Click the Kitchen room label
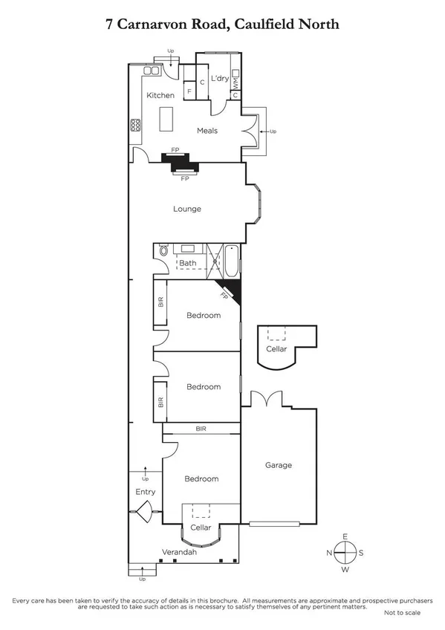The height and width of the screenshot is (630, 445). click(160, 95)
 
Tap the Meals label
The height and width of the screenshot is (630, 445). click(207, 131)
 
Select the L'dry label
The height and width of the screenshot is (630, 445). click(219, 78)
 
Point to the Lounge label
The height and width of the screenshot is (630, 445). click(187, 209)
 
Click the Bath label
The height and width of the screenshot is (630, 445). click(188, 263)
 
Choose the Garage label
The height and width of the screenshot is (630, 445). click(279, 465)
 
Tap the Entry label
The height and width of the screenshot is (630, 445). click(145, 493)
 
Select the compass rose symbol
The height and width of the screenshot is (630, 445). click(345, 553)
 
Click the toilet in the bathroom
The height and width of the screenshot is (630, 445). click(161, 253)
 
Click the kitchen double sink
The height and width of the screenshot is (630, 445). click(152, 71)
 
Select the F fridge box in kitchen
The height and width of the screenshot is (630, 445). click(189, 91)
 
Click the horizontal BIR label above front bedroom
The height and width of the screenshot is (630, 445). click(201, 429)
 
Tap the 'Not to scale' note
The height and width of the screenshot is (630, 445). click(402, 612)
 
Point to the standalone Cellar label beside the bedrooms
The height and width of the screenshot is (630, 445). click(276, 348)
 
